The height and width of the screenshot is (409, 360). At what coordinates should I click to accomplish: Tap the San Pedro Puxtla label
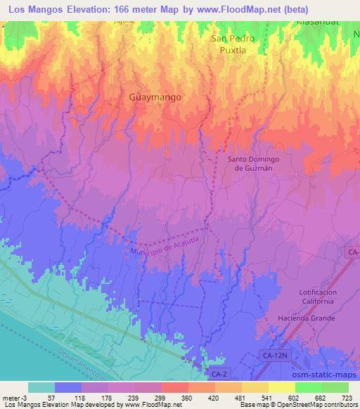click(233, 44)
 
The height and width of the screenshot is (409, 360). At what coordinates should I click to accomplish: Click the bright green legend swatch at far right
click(335, 387)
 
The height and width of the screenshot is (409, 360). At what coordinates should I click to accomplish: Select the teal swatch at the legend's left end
click(41, 387)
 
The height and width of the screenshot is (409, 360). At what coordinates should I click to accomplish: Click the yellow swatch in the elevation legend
click(282, 387)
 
